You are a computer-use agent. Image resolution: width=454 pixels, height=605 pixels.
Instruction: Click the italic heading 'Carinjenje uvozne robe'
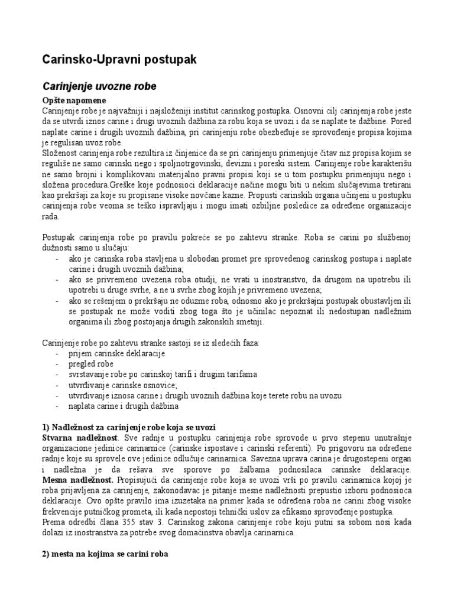click(x=99, y=86)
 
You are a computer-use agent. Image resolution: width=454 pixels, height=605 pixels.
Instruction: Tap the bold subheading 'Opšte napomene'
click(x=74, y=100)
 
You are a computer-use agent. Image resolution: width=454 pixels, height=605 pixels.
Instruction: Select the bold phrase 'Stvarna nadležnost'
click(x=80, y=438)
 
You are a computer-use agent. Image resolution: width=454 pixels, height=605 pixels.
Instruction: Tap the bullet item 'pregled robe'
click(x=91, y=364)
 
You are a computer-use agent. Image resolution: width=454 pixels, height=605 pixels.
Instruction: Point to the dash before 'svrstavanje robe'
click(x=57, y=375)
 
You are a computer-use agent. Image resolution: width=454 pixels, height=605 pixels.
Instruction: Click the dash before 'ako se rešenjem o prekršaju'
click(x=57, y=301)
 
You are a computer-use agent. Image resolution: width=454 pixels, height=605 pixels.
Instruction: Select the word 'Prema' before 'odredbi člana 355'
click(x=54, y=523)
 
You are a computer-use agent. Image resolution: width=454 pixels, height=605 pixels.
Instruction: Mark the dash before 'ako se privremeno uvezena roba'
click(x=57, y=279)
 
